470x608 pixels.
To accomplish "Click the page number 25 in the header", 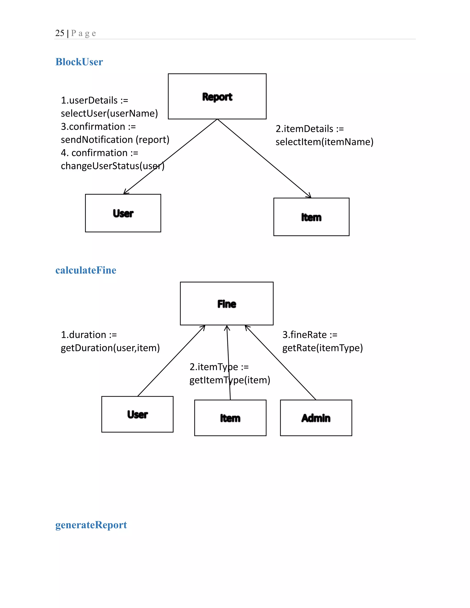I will tap(60, 33).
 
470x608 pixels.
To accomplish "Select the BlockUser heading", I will tap(79, 62).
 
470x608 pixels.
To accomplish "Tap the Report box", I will tap(217, 96).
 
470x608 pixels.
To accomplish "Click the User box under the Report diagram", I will tap(123, 213).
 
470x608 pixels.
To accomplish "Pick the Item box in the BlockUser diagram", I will tap(311, 217).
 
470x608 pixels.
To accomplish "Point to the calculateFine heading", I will tap(86, 270).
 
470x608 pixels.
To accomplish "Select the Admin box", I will tap(316, 418).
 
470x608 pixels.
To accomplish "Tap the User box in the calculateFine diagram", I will tap(137, 414).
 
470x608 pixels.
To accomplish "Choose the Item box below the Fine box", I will tap(230, 418).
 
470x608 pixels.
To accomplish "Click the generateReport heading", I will tap(91, 525).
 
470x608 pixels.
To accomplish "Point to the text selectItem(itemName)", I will tap(324, 142).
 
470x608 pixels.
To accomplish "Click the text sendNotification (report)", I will tap(115, 139).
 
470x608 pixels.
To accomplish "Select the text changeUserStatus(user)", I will tap(112, 166).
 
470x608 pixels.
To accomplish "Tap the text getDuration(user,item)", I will tap(110, 348).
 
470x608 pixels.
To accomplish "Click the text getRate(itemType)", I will tap(322, 348).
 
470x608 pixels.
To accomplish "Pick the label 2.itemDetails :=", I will tap(310, 129).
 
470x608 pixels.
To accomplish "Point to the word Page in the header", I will tap(83, 33).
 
